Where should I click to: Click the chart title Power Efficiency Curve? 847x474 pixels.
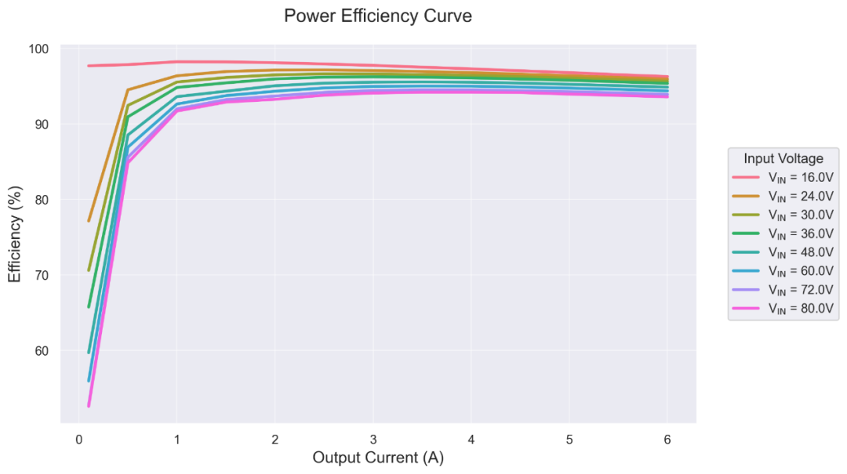pyautogui.click(x=378, y=16)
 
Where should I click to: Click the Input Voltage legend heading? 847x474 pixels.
pyautogui.click(x=783, y=158)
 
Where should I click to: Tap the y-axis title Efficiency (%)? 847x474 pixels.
pyautogui.click(x=15, y=233)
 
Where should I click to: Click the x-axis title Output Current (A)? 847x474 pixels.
pyautogui.click(x=378, y=458)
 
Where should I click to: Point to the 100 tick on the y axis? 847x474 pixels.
pyautogui.click(x=39, y=49)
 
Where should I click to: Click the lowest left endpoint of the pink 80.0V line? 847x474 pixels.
pyautogui.click(x=89, y=406)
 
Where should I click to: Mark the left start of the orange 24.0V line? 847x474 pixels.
pyautogui.click(x=89, y=221)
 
